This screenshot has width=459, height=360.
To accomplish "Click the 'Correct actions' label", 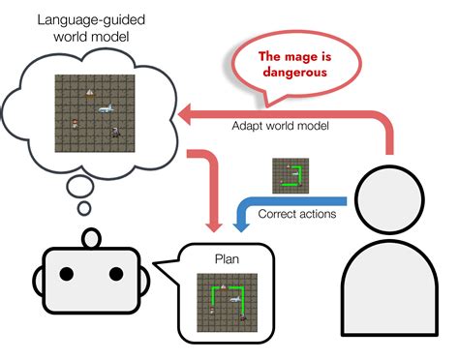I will click(x=297, y=213).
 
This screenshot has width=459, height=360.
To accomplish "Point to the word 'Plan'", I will click(x=227, y=260).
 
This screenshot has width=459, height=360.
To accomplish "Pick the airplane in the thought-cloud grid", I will click(x=105, y=107).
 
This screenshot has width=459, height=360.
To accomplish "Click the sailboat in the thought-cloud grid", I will click(x=90, y=94).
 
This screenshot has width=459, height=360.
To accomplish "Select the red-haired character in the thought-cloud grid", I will click(x=75, y=122).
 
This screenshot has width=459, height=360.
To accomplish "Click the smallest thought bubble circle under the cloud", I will click(x=84, y=208).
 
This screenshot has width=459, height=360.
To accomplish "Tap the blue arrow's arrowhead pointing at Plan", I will click(x=238, y=224).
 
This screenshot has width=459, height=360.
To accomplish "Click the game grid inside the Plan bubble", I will click(x=227, y=301).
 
